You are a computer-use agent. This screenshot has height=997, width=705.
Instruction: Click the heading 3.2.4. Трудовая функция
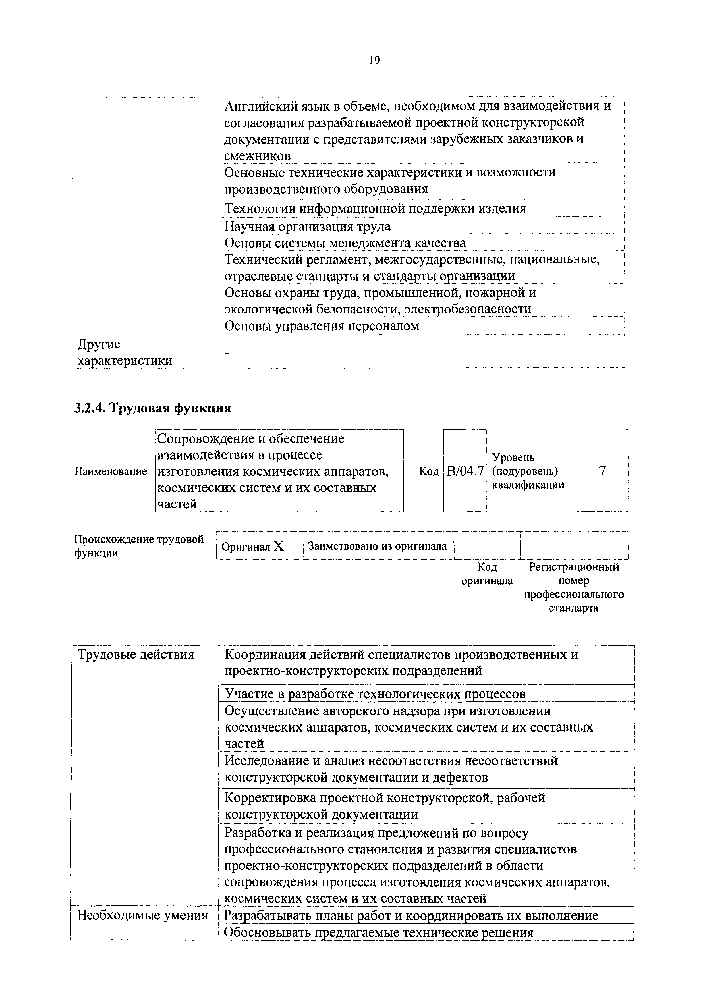(152, 408)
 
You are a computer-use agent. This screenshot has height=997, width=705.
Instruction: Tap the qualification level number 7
(602, 471)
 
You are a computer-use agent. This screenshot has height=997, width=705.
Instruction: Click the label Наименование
(111, 472)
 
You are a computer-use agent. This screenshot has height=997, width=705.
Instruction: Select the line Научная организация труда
(308, 226)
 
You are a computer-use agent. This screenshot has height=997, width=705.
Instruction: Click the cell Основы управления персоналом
(322, 326)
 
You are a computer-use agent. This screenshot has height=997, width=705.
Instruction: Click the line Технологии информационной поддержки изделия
(375, 208)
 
